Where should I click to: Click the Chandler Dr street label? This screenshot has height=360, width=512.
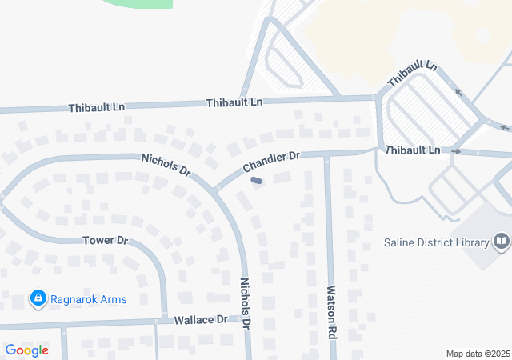[271, 162]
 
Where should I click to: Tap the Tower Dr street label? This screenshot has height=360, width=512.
[106, 240]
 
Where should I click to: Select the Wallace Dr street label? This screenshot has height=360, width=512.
[201, 319]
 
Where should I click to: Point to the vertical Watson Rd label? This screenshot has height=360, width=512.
[331, 311]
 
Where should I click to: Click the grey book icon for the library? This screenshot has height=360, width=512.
[502, 240]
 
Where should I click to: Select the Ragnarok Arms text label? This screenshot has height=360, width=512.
[90, 299]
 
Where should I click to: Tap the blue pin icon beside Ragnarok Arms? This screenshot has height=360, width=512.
[37, 299]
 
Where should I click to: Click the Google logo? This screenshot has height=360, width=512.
[26, 350]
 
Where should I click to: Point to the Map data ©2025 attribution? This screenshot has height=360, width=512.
[477, 354]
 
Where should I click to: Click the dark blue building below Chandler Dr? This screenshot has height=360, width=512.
[257, 181]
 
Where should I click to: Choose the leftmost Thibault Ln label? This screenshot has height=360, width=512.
[96, 107]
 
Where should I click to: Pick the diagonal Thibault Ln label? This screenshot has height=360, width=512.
[412, 74]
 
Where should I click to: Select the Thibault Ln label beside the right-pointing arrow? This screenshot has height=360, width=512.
[412, 150]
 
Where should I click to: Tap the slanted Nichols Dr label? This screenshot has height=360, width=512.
[166, 165]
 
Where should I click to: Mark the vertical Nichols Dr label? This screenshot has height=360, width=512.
[246, 304]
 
